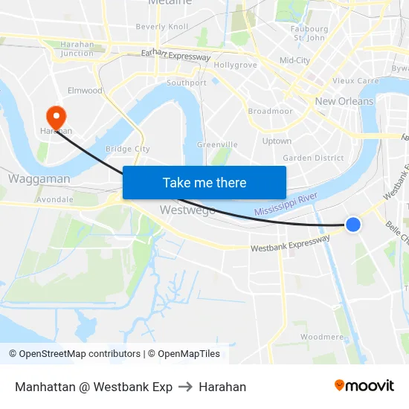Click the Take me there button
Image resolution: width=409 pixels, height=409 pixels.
(x=204, y=182)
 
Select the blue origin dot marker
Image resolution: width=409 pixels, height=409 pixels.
(x=353, y=224)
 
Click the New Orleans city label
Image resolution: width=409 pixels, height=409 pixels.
(x=344, y=101)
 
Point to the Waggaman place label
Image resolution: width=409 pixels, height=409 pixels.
(x=39, y=178)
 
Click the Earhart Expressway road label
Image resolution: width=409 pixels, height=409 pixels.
(x=175, y=55)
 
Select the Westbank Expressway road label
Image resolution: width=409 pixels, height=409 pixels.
(x=290, y=244)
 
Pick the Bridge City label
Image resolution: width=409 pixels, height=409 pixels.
(x=128, y=149)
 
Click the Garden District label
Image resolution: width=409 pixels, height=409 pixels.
(x=313, y=158)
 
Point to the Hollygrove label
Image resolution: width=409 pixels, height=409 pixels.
(x=235, y=65)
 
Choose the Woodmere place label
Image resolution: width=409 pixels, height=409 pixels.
(x=322, y=337)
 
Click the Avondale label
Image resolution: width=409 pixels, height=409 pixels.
(x=54, y=199)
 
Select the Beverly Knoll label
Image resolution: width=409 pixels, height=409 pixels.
(x=162, y=27)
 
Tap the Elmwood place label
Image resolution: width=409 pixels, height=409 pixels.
(x=85, y=91)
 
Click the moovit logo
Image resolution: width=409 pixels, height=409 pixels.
(x=364, y=386)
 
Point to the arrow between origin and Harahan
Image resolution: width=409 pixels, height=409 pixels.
(x=185, y=387)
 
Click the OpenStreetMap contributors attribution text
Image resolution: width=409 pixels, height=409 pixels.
(x=74, y=354)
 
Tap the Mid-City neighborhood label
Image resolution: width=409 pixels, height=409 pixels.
(x=294, y=60)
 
